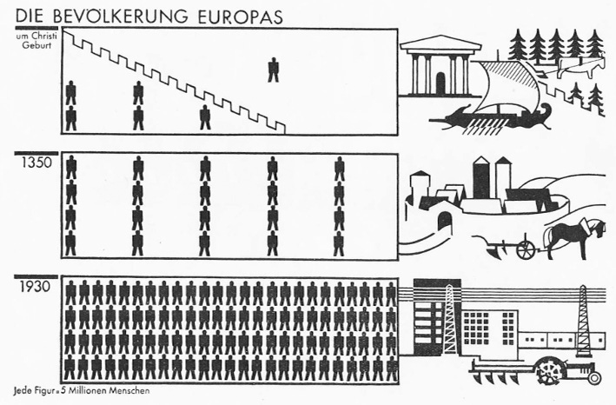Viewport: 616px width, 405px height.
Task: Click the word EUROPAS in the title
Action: pyautogui.click(x=241, y=15)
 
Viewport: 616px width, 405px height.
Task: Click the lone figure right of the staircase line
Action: pyautogui.click(x=274, y=69)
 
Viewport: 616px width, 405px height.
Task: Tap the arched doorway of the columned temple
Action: pyautogui.click(x=440, y=83)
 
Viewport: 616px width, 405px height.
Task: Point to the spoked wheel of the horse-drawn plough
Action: pyautogui.click(x=527, y=249)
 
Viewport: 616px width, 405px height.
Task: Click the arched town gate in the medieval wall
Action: pyautogui.click(x=444, y=222)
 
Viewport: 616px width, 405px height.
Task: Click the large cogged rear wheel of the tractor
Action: pyautogui.click(x=552, y=371)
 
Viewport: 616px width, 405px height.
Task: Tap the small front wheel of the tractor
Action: pyautogui.click(x=593, y=378)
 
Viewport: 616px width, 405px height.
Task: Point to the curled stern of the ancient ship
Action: pyautogui.click(x=547, y=110)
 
